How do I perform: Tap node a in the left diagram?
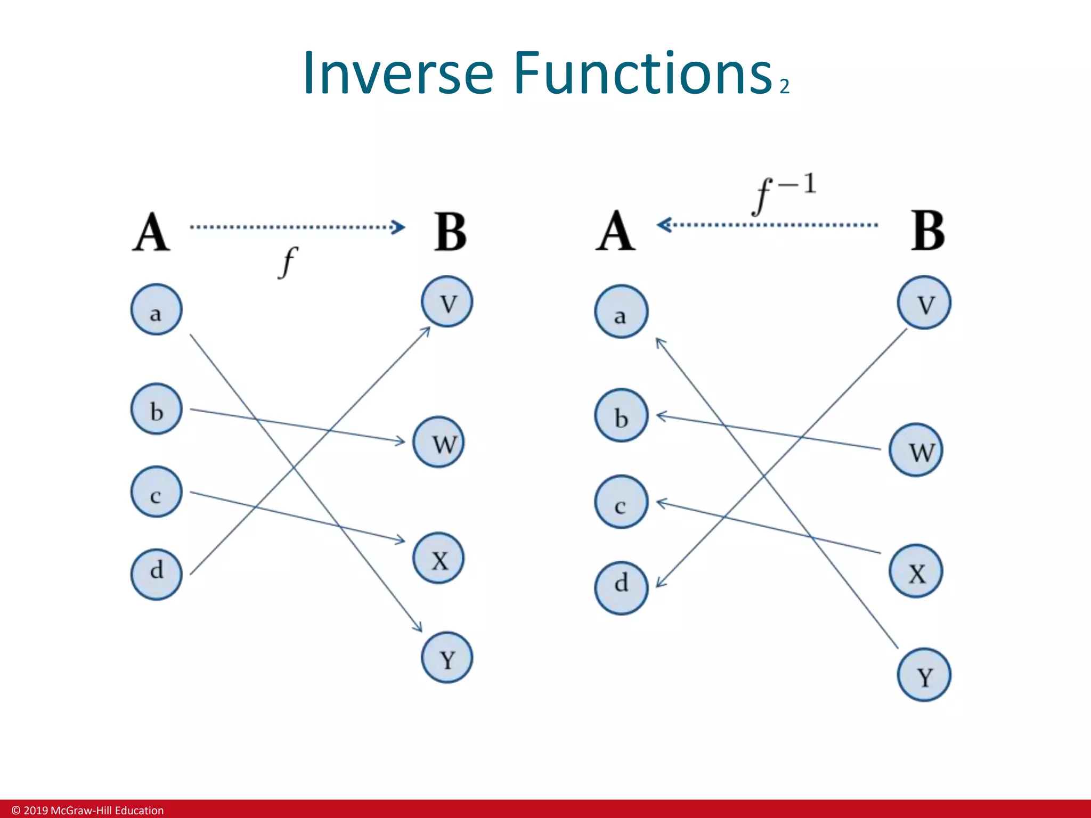(x=156, y=309)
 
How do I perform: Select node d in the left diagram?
(x=156, y=575)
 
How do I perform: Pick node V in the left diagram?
(x=446, y=301)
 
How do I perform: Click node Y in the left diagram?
(x=446, y=658)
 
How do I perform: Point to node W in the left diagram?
(x=438, y=442)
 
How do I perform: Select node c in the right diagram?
(x=621, y=502)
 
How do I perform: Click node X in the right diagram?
(x=916, y=571)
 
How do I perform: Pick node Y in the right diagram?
(x=924, y=675)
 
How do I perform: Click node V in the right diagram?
(x=924, y=302)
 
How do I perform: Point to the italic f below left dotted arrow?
(x=288, y=262)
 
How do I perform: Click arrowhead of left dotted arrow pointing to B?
(x=398, y=227)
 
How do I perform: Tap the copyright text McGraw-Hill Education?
(x=88, y=810)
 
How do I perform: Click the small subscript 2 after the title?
(x=784, y=86)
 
